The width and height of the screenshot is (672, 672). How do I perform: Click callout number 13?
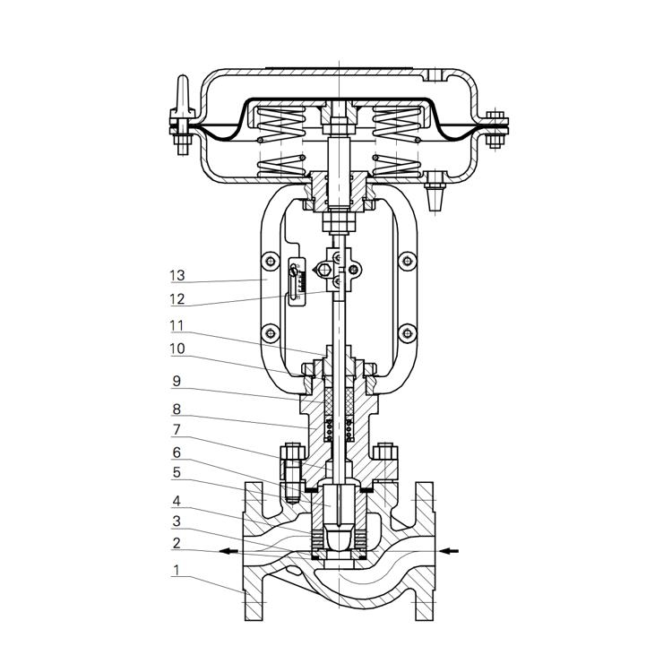(177, 276)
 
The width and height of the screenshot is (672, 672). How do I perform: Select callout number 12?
(177, 299)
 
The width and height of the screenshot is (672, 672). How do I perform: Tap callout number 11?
(177, 326)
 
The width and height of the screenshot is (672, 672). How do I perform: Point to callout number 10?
(177, 349)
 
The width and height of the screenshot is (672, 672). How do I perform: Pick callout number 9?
(177, 381)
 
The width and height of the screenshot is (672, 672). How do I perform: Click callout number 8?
(177, 409)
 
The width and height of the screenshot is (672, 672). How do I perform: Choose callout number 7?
(177, 429)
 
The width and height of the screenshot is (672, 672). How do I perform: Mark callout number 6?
(177, 452)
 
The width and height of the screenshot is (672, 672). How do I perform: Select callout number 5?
(177, 473)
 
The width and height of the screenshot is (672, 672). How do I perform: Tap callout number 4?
(177, 501)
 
